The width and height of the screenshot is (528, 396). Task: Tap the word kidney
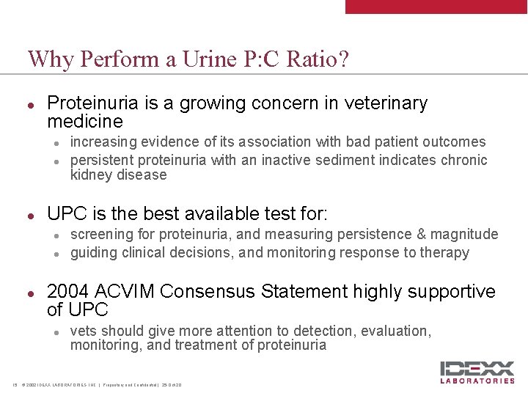coord(89,175)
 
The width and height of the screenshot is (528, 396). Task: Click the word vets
coord(82,331)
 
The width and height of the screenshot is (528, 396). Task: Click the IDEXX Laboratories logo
coord(477,371)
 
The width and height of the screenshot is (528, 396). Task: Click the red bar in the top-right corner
coord(436,7)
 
